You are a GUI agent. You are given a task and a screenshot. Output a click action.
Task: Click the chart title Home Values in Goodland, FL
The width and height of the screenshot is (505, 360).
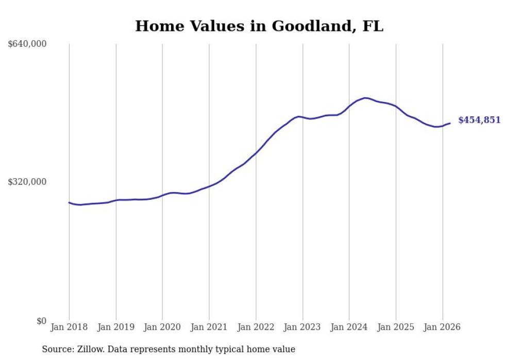[259, 26]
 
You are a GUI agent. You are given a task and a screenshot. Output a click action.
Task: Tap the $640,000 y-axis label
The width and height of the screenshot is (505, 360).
[27, 44]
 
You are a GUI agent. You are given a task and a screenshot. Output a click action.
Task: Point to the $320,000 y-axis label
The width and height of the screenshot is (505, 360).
[27, 182]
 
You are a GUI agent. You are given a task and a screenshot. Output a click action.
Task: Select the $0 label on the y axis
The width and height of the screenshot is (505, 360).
[41, 321]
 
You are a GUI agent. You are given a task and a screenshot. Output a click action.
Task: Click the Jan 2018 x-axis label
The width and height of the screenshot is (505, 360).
[69, 327]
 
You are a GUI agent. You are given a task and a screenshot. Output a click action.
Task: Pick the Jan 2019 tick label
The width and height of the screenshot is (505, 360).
[116, 327]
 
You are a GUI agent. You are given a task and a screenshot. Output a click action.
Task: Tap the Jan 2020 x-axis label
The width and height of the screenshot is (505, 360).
[162, 327]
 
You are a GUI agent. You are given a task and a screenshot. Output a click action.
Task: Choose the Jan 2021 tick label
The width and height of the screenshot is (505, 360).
[209, 327]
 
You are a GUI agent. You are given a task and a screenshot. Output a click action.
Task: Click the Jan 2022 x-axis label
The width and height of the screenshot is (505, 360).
[256, 327]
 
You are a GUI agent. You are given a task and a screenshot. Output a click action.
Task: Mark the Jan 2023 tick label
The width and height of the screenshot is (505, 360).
[302, 327]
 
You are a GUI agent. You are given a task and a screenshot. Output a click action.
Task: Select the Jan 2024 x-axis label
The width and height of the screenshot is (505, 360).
[349, 327]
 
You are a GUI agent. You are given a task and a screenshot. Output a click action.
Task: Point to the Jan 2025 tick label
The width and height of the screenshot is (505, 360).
[396, 327]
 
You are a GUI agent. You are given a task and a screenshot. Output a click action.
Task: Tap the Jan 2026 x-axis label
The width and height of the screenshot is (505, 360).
[442, 327]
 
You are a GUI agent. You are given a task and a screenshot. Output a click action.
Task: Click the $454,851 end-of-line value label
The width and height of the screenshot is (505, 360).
[479, 120]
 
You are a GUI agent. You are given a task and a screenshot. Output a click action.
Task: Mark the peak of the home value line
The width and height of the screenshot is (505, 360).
[365, 98]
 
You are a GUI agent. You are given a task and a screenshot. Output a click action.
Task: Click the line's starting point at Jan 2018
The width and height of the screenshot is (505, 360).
[69, 202]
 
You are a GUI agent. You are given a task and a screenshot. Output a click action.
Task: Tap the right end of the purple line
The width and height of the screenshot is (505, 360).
[450, 123]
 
